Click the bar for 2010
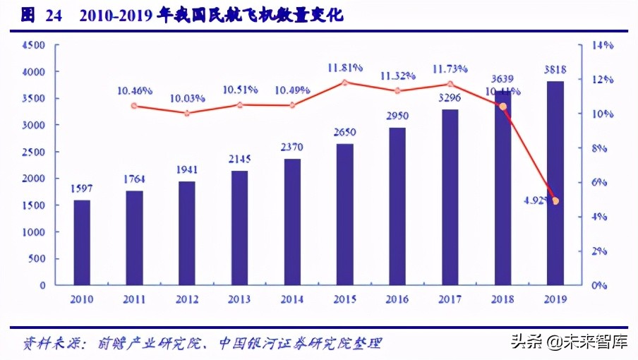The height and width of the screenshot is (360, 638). (82, 242)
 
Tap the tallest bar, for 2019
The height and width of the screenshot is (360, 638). (555, 183)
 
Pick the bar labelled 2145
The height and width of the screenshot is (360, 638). (239, 227)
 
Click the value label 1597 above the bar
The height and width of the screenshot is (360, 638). (82, 188)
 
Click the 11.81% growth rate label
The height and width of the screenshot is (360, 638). (344, 68)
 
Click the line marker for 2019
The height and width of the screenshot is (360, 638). (555, 201)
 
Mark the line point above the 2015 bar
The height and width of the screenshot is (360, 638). (344, 83)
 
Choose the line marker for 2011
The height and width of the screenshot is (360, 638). (134, 106)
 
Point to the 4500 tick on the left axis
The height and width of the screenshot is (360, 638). (35, 45)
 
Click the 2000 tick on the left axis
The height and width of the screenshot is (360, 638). (35, 179)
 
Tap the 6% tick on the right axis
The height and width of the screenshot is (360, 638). (599, 182)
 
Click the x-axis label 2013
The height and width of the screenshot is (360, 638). (239, 299)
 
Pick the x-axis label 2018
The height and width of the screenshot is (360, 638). (502, 299)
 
